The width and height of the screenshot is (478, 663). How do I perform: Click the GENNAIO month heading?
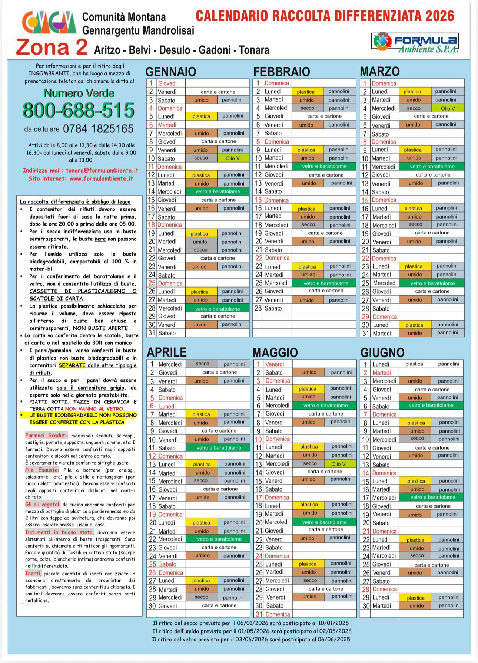170,71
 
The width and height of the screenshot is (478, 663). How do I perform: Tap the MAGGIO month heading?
275,352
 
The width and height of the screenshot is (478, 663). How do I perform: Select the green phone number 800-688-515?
79,110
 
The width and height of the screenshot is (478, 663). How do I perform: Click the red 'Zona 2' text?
52,47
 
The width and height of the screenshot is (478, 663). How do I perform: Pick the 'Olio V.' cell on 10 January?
233,158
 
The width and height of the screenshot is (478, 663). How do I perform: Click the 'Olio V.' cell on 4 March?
448,108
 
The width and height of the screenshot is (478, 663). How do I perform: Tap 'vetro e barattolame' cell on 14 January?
218,191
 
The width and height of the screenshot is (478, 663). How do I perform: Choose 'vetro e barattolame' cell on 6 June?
431,406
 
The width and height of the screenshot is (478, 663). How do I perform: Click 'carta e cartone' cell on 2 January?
218,92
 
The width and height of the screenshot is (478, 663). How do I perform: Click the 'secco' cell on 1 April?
202,364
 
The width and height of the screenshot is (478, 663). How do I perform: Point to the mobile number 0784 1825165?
98,129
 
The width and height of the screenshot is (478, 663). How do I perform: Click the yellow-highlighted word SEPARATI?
72,365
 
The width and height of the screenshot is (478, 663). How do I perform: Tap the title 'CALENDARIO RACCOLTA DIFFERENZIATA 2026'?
325,16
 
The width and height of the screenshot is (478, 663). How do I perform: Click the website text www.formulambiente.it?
101,178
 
